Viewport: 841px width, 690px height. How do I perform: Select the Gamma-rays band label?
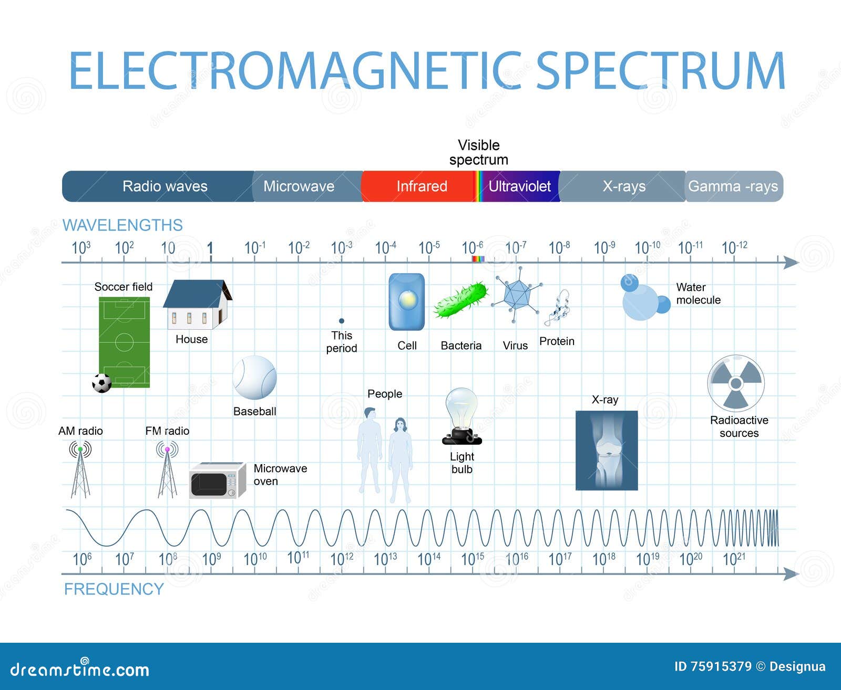pos(733,186)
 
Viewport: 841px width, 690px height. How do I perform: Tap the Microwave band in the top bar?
pos(299,186)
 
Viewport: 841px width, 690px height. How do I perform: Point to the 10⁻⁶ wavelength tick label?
pos(472,247)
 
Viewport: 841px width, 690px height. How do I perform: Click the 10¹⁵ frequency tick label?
pos(472,559)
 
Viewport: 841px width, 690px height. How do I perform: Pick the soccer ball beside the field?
pos(102,383)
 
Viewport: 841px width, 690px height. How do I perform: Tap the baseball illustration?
pos(254,378)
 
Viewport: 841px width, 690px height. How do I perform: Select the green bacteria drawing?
pos(461,300)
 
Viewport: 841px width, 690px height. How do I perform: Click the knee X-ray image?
pos(607,450)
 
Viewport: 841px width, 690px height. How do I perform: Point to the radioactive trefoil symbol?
pos(735,383)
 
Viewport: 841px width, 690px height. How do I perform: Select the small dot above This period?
pos(342,321)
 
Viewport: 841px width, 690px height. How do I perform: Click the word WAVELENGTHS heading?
pos(122,225)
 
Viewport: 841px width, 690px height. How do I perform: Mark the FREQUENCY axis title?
pos(114,589)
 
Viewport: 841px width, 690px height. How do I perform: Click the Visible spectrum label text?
pos(478,152)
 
